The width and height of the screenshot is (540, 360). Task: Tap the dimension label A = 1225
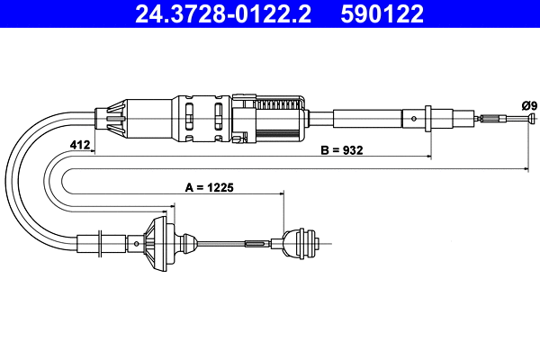point(209,188)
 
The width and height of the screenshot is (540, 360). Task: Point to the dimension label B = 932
point(342,150)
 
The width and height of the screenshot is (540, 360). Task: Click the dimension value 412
point(79,145)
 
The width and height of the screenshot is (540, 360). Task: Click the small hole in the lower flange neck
point(136,243)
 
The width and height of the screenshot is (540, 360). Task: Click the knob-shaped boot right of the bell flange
point(187,243)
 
